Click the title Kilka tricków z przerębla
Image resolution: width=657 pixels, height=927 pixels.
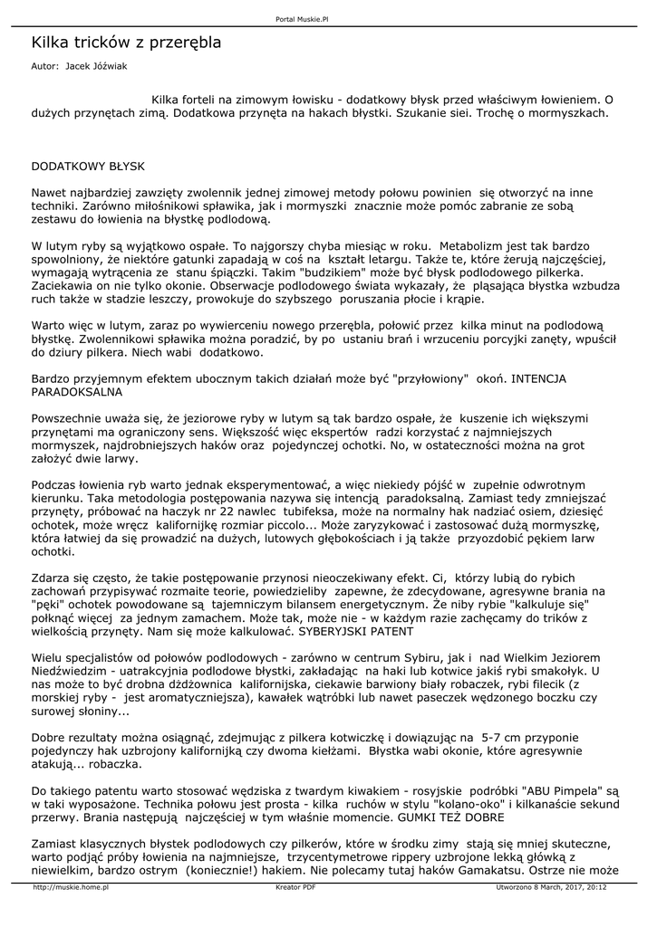(126, 43)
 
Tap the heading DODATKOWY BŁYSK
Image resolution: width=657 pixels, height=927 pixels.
(87, 167)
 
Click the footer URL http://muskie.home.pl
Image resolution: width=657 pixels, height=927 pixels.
(71, 888)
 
